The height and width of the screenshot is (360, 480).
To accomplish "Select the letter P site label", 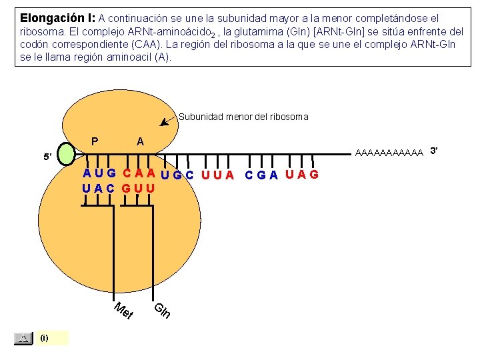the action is click(x=95, y=141).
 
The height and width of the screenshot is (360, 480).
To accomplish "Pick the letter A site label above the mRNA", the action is click(x=139, y=141).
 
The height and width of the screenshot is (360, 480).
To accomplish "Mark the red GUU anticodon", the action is click(x=139, y=188).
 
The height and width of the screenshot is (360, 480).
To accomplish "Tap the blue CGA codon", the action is click(x=261, y=175).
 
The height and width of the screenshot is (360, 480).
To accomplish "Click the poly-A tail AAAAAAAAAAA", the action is click(x=390, y=153).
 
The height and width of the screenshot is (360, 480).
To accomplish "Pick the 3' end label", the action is click(x=434, y=150).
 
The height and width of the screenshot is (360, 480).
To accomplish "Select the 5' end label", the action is click(x=47, y=157).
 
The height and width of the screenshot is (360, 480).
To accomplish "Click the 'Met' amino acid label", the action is click(x=124, y=311).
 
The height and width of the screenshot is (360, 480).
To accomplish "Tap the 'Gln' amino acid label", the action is click(x=163, y=310).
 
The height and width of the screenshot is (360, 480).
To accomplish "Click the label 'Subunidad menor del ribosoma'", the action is click(x=243, y=117).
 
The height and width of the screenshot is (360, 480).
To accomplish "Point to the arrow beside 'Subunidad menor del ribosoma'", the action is click(x=169, y=121).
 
